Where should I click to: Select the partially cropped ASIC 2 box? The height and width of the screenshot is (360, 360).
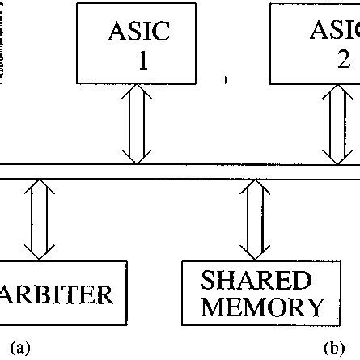pyautogui.click(x=316, y=42)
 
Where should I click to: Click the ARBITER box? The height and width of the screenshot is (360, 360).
pyautogui.click(x=63, y=292)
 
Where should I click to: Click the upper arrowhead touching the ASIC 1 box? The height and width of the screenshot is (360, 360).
pyautogui.click(x=135, y=88)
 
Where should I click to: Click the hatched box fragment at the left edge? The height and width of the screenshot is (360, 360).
pyautogui.click(x=2, y=40)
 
